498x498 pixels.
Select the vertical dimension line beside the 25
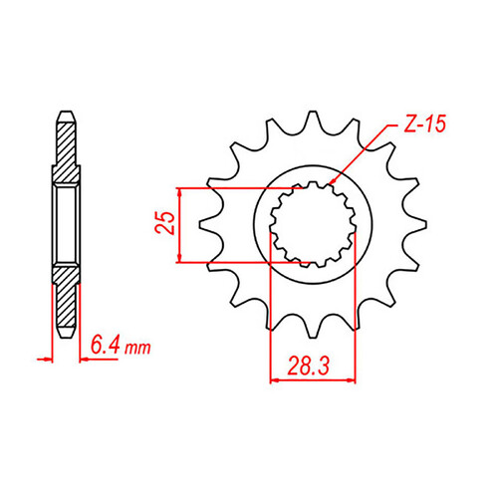(x=179, y=224)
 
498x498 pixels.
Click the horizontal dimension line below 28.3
(x=313, y=378)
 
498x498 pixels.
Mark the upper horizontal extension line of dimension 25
(x=239, y=186)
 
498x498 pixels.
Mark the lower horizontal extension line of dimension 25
(x=239, y=263)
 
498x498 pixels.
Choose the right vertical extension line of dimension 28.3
(x=356, y=319)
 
